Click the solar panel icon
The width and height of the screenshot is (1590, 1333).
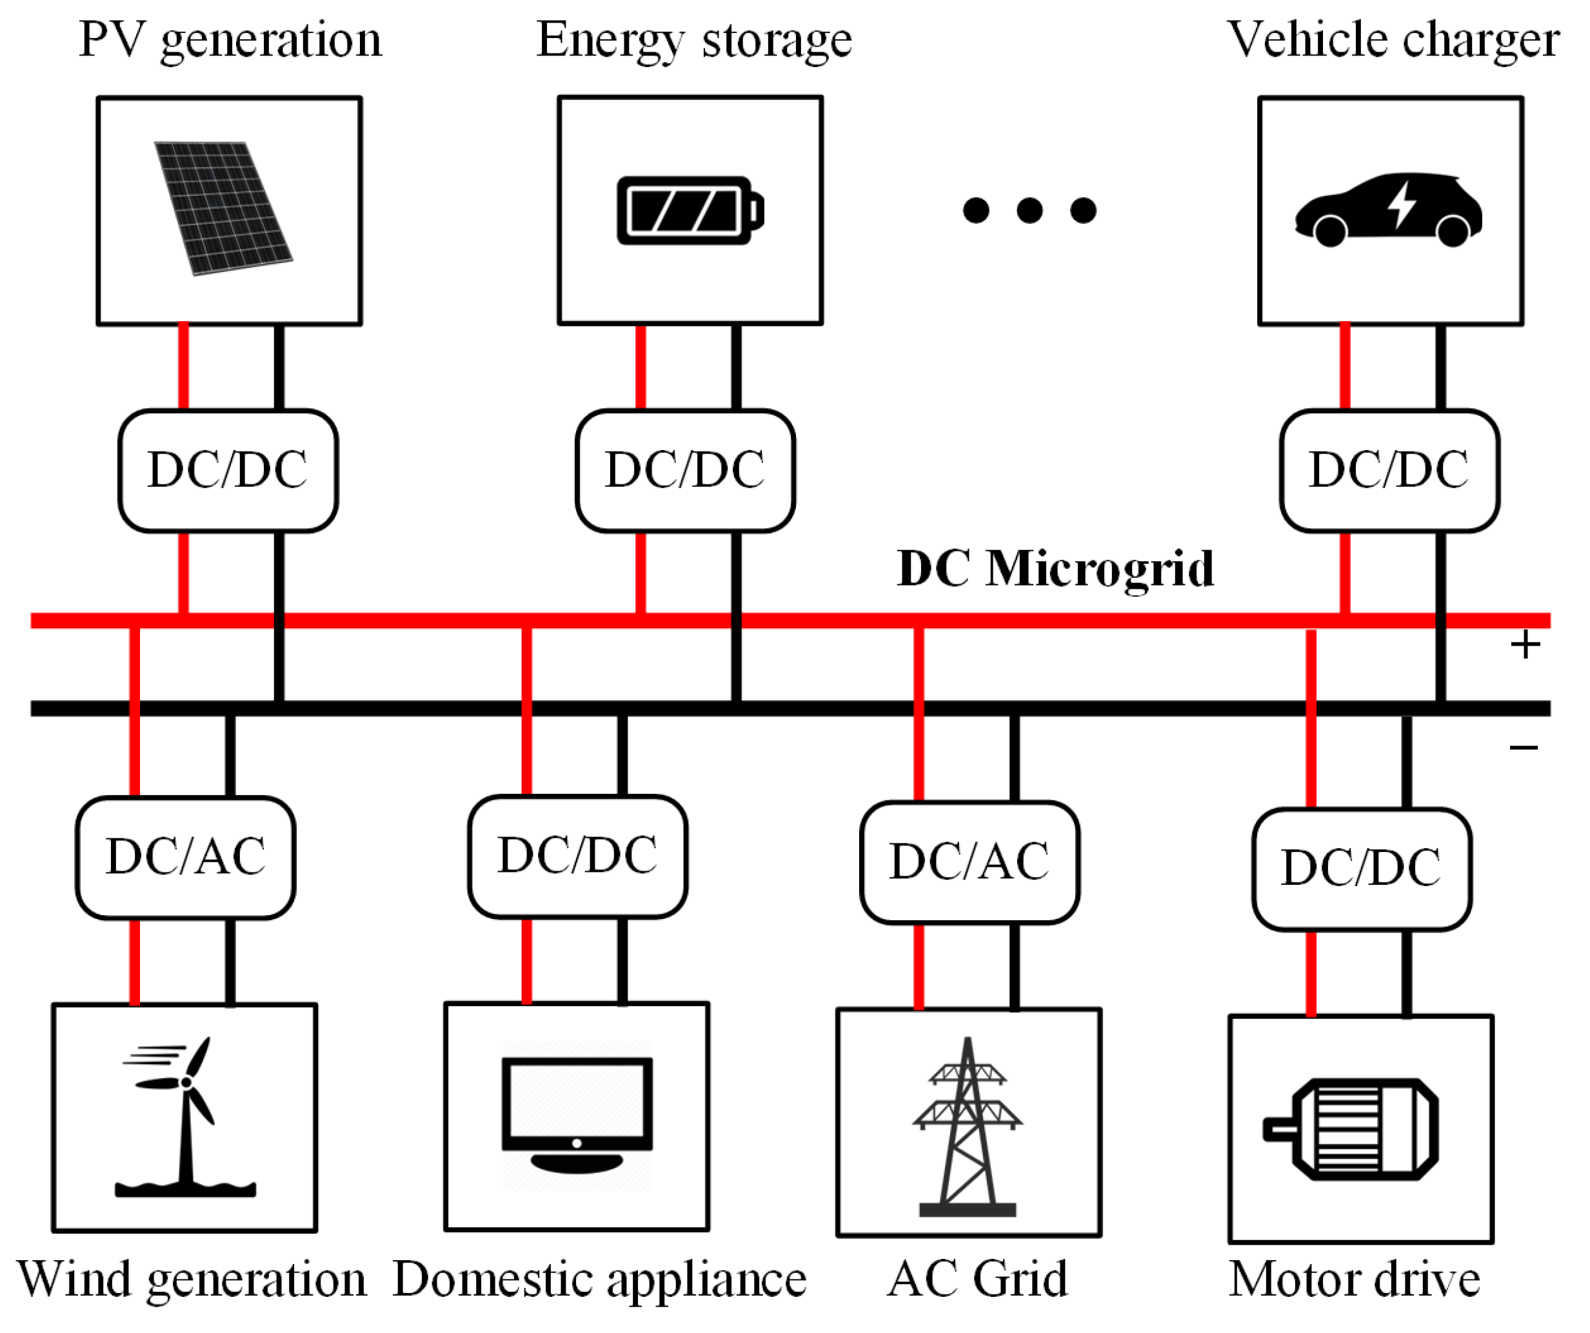point(223,208)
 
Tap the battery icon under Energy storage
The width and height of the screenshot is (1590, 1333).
point(689,210)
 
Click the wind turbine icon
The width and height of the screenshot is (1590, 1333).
point(186,1116)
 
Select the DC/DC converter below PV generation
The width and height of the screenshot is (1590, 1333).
point(228,470)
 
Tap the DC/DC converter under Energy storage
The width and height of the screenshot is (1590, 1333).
point(685,470)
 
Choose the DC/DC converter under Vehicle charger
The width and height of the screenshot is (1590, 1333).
point(1389,470)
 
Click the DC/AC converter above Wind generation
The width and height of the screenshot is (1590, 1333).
point(186,857)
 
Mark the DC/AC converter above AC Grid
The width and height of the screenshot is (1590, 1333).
point(969,862)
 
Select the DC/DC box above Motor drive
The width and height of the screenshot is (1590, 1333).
point(1362,868)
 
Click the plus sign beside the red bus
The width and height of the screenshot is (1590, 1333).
point(1525,645)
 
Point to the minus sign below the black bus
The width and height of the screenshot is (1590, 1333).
point(1524,748)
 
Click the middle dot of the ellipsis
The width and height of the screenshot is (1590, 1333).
point(1029,210)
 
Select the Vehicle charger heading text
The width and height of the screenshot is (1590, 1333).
point(1391,39)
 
